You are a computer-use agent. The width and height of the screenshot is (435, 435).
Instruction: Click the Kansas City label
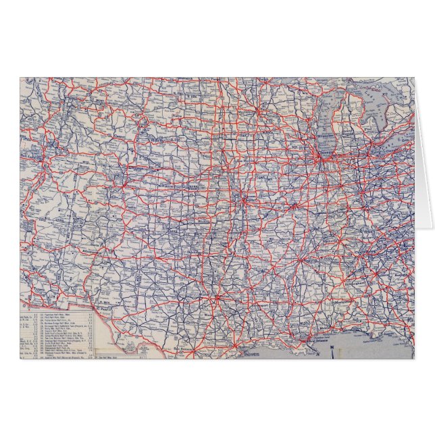[x=247, y=199]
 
